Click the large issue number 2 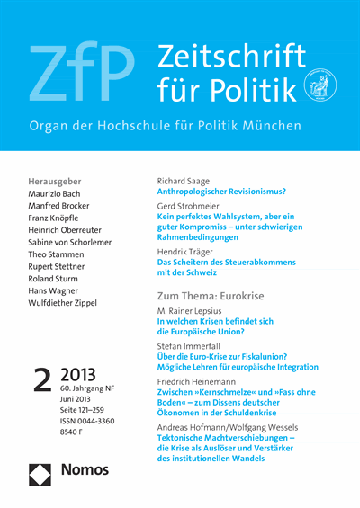[43, 382]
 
